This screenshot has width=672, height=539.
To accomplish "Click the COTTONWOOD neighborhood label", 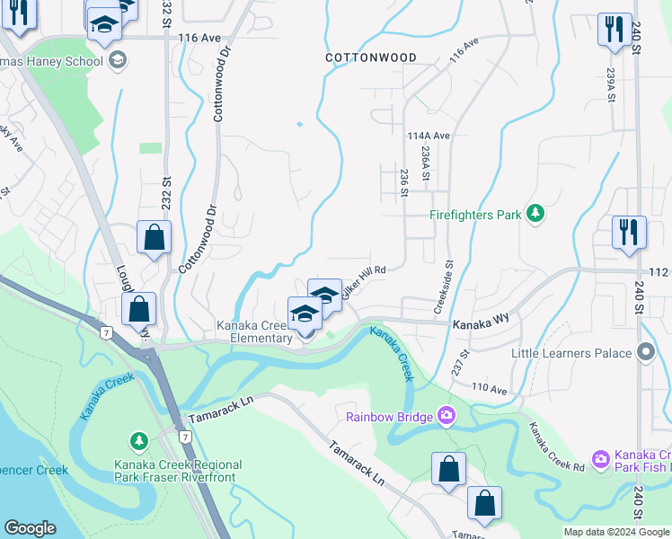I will [371, 57].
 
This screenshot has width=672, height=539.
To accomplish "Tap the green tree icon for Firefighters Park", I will [535, 214].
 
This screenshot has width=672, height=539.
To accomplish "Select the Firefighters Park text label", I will [475, 216].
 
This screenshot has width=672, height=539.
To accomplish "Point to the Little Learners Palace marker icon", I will [644, 353].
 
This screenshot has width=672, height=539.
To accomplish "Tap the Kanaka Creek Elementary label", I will [254, 331].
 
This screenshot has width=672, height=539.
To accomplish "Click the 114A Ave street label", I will [427, 136].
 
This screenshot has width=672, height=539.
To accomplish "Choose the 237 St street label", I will [461, 363].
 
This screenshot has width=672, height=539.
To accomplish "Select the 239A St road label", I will [610, 88].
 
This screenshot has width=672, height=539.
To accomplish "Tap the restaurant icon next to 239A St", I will [614, 29].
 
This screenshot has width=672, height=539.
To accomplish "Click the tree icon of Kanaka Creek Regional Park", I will [139, 441].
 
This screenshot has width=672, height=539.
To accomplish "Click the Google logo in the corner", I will [30, 528].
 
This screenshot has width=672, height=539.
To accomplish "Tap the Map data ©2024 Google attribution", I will [615, 532].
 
